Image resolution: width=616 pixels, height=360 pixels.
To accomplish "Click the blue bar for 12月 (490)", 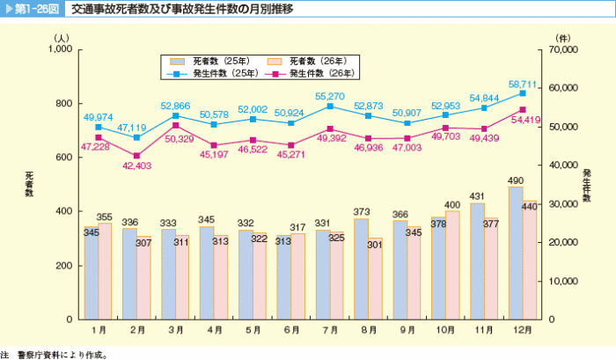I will coord(516,253).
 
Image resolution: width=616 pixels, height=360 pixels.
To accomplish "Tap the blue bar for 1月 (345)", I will coord(91,273).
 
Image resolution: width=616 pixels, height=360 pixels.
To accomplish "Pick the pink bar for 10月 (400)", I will coord(452,265).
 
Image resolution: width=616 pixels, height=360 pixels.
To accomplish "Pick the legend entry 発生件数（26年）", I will coord(310,74).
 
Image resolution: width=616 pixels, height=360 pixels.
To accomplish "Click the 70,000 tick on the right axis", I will coord(568,50).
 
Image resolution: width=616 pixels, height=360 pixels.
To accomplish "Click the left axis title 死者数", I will coord(29,185).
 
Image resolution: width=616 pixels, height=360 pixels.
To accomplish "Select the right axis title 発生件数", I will coord(587,185).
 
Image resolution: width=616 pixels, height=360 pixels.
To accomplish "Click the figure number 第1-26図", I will coord(36,10).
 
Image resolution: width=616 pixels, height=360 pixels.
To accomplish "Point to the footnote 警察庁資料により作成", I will coord(66,354).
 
